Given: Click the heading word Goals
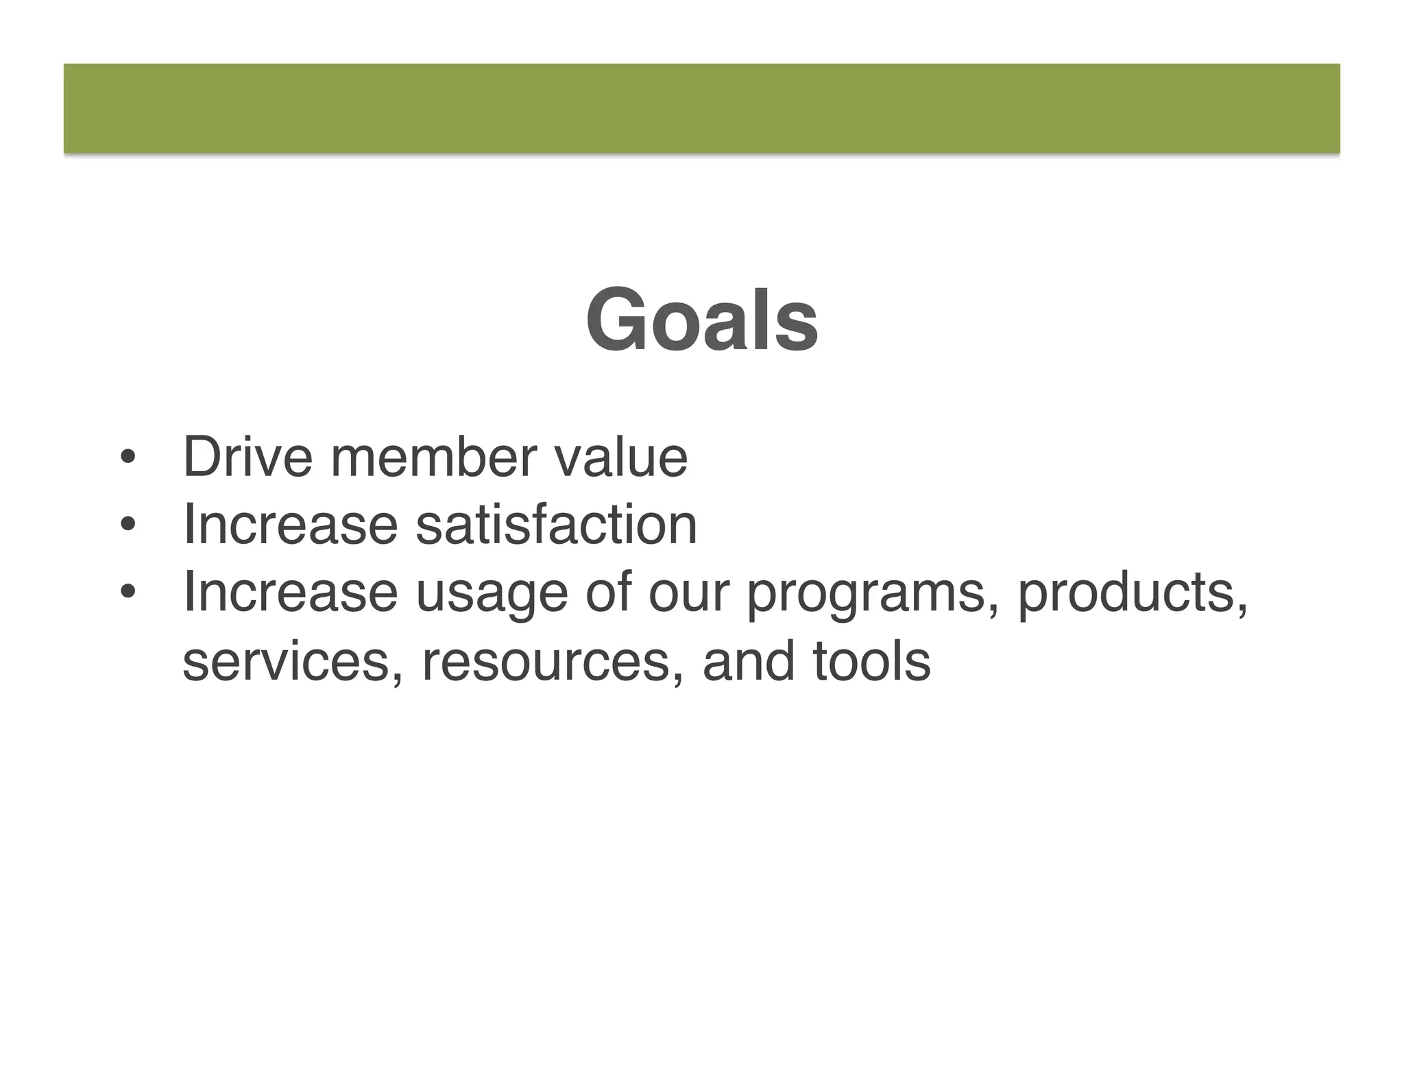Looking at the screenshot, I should pos(701,321).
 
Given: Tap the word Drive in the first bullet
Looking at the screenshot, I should pos(247,457).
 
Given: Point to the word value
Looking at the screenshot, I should pos(620,457).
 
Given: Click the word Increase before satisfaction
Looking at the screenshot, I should pos(290,525).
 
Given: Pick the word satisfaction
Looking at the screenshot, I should pos(556,525).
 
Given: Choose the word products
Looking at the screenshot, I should pos(1132,594).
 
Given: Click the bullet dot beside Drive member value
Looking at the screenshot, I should pos(127,458).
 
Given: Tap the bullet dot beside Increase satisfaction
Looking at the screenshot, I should pos(127,525).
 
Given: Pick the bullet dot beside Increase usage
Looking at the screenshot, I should pos(127,593).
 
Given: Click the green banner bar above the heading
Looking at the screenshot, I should pos(701,108).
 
